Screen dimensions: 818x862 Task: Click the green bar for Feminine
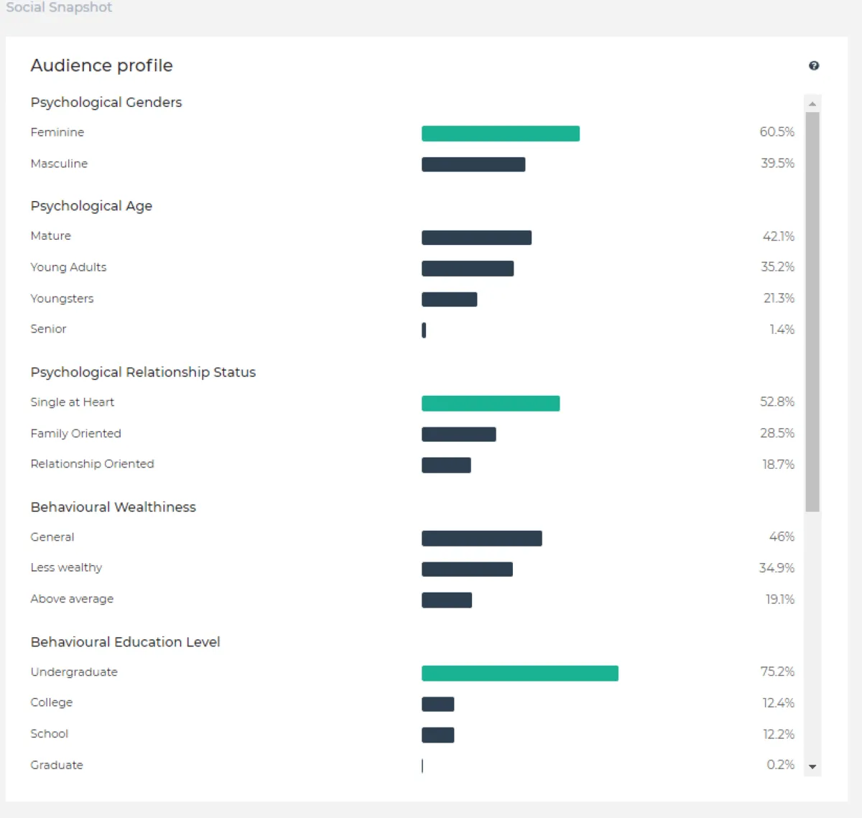tap(500, 134)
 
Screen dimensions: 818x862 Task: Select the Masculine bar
tap(473, 164)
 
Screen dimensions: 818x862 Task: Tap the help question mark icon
tap(813, 65)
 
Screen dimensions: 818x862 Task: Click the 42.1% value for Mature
tap(778, 236)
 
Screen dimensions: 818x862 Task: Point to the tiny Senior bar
tap(424, 330)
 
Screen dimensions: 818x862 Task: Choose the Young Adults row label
tap(68, 267)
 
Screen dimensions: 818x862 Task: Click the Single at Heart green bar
tap(490, 404)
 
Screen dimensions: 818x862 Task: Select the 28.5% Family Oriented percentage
tap(777, 433)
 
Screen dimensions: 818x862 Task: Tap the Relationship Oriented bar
tap(446, 465)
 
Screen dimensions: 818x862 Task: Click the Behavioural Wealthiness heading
tap(113, 507)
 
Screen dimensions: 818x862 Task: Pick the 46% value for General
tap(781, 536)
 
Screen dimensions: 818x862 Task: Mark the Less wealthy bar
tap(467, 570)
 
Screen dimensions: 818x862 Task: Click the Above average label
tap(72, 599)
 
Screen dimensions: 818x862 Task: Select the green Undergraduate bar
tap(519, 673)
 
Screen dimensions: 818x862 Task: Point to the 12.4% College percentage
tap(778, 703)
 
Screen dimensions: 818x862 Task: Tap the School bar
tap(437, 735)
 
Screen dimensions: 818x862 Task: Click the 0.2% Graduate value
tap(780, 765)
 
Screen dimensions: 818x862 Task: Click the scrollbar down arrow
tap(812, 767)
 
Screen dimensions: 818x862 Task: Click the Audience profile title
tap(101, 65)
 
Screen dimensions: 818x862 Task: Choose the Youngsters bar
tap(449, 299)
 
